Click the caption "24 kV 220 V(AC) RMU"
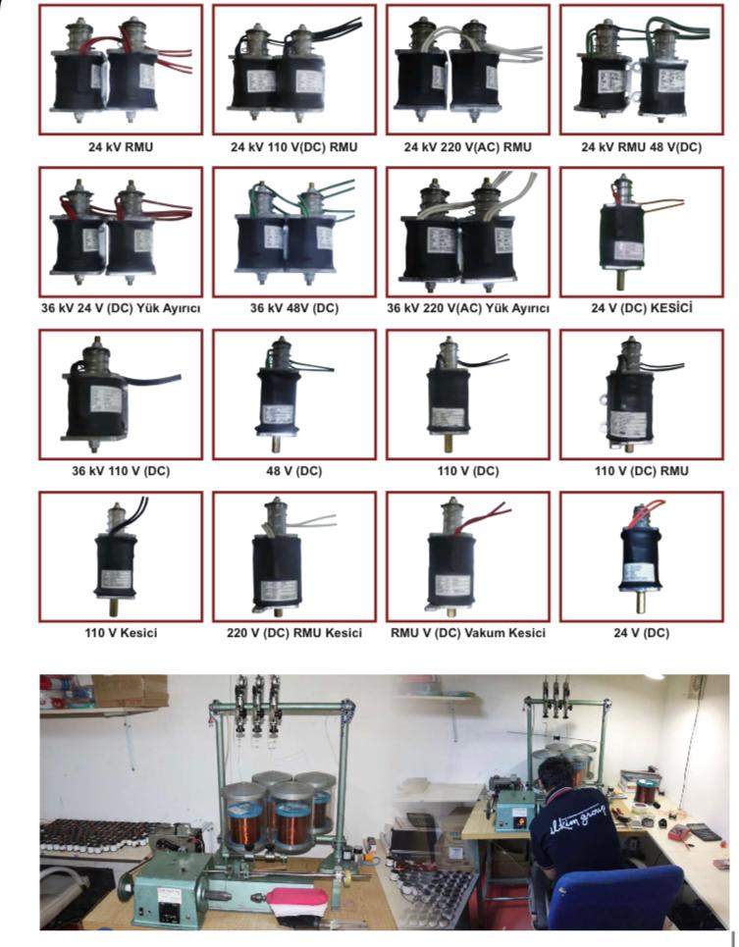pos(467,147)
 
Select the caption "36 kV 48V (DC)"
pos(293,308)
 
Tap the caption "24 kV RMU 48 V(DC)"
pos(641,147)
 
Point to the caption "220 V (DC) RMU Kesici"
pos(293,633)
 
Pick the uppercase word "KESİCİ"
pos(670,308)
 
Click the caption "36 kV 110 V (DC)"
pos(121,471)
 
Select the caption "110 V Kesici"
pos(121,633)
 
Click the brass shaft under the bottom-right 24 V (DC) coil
pos(639,596)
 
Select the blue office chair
pos(629,894)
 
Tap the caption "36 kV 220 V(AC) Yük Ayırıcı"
pos(467,308)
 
